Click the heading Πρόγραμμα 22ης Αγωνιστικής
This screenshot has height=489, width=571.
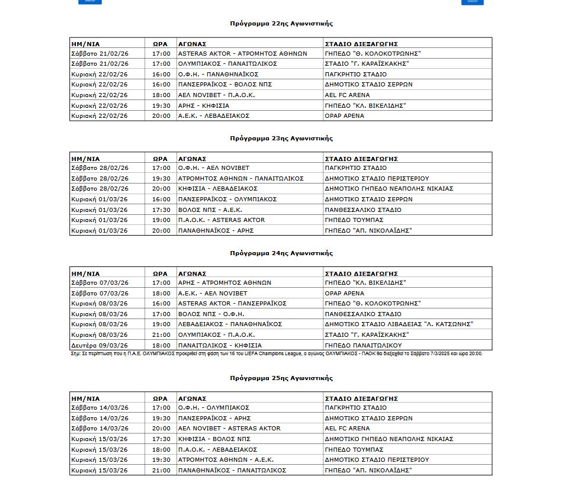[x=281, y=24]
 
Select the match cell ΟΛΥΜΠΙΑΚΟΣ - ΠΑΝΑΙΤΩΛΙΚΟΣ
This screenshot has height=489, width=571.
[x=227, y=63]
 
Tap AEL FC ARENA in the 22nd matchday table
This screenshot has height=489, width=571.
[x=347, y=95]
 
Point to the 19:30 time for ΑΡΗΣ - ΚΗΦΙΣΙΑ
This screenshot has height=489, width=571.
[x=161, y=105]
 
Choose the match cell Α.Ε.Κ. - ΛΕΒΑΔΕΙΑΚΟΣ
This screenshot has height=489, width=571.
[x=214, y=116]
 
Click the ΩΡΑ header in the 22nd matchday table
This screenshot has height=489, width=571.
[x=161, y=43]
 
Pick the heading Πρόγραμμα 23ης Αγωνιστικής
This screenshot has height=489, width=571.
[x=281, y=139]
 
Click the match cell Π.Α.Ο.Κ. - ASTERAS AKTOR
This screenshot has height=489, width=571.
[x=222, y=220]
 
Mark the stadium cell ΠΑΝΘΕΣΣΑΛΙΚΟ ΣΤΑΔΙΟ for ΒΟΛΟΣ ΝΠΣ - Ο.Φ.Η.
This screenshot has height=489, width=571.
[x=363, y=314]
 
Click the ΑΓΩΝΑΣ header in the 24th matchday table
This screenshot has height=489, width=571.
[x=192, y=274]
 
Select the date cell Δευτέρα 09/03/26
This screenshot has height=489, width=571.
[x=100, y=345]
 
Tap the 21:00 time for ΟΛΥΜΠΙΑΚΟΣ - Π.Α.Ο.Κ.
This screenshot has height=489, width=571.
[x=161, y=335]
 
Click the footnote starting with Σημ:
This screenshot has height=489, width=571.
[x=276, y=353]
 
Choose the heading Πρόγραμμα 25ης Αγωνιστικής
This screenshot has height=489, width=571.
[x=281, y=378]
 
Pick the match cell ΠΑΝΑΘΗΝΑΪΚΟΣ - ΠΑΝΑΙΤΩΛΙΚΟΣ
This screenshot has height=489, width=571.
[x=232, y=470]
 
